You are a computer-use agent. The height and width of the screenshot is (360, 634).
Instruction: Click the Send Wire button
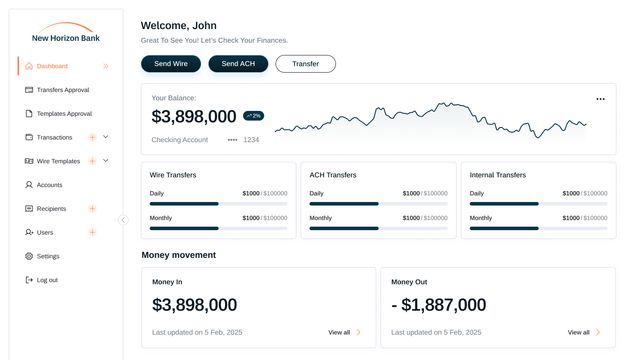[x=171, y=64]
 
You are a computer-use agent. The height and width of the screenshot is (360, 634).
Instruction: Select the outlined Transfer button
[x=306, y=64]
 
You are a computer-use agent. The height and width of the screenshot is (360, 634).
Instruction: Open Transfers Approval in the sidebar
[x=63, y=90]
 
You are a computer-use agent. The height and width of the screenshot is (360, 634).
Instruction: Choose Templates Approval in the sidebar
[x=64, y=114]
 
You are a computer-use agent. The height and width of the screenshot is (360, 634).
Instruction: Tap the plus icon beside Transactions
[x=92, y=137]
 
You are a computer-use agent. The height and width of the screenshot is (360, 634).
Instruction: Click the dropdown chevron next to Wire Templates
[x=106, y=161]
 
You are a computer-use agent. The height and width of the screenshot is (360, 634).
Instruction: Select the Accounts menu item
[x=49, y=185]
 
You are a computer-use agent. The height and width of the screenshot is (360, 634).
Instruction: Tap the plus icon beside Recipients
[x=92, y=209]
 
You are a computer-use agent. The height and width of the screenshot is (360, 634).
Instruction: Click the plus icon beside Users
[x=92, y=232]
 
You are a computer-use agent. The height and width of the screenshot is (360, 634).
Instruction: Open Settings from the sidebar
[x=48, y=256]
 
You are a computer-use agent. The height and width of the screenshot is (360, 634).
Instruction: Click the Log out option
[x=47, y=280]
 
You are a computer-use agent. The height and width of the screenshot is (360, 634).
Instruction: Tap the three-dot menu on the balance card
[x=600, y=99]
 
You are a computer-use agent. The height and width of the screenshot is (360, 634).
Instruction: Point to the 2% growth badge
[x=254, y=116]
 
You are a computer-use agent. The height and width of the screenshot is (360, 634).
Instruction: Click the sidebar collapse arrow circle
[x=123, y=220]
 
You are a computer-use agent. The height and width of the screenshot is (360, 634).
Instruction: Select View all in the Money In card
[x=344, y=332]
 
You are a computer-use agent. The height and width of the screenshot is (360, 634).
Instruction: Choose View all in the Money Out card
[x=584, y=332]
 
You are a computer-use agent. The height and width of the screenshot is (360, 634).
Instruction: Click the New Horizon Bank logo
[x=66, y=33]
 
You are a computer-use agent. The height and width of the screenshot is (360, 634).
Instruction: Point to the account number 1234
[x=251, y=140]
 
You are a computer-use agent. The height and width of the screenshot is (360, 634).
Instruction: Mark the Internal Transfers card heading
[x=498, y=175]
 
